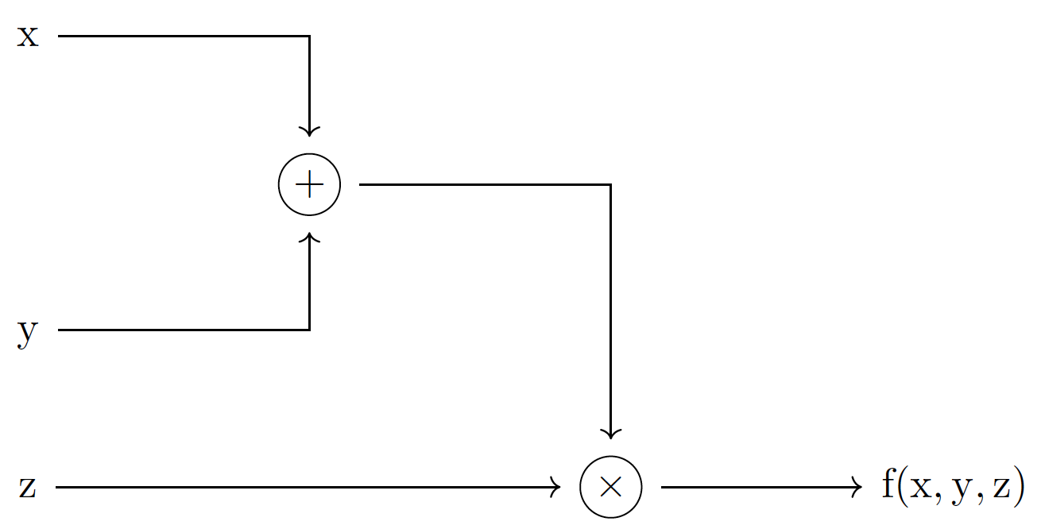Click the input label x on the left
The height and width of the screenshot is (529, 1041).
28,37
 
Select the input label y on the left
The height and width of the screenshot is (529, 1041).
28,333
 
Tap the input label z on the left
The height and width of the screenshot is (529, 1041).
28,487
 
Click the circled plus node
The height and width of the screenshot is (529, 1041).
309,184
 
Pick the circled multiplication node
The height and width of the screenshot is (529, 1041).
610,487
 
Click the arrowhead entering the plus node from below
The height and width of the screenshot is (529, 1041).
309,237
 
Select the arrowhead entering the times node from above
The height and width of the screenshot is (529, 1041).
610,433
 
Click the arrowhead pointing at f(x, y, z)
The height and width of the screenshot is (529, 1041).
857,487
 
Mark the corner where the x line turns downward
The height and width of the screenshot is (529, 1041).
309,37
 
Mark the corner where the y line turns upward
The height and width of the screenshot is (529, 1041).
309,330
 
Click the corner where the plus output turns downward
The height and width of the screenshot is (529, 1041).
610,184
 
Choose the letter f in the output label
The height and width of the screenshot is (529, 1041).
890,485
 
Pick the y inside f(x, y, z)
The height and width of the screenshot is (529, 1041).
962,490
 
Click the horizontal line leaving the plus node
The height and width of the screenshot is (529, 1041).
477,184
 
